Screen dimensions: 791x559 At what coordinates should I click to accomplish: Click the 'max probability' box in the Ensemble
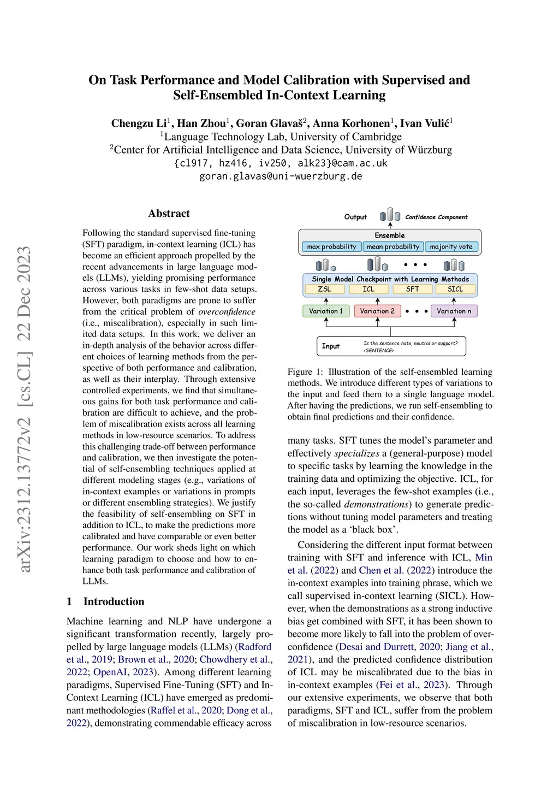pos(331,247)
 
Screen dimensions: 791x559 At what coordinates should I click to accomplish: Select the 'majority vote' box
pos(451,247)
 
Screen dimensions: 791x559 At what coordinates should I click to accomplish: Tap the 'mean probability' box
pos(393,247)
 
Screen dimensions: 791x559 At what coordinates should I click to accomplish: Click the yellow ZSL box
pos(324,289)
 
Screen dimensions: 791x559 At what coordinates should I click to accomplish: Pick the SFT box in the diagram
pos(413,289)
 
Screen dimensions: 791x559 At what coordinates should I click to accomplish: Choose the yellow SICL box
pos(455,289)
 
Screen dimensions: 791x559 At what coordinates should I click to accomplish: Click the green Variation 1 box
pos(326,311)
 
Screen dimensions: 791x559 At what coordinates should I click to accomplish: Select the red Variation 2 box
pos(377,311)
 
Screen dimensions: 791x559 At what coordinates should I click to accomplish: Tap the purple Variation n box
pos(454,311)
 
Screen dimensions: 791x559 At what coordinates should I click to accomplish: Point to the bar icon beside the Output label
pos(390,215)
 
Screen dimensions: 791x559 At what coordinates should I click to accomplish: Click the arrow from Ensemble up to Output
pos(390,225)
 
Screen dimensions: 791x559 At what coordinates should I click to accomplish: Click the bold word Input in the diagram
pos(330,346)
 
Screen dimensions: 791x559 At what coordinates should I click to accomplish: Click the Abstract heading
pos(169,214)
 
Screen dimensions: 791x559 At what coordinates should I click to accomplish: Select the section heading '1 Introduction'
pos(105,601)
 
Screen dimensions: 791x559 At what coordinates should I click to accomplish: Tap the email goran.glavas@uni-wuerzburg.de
pos(281,176)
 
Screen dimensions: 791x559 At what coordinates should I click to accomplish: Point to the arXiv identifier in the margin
pos(25,410)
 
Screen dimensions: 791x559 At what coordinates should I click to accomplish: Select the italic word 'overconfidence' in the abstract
pos(227,312)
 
